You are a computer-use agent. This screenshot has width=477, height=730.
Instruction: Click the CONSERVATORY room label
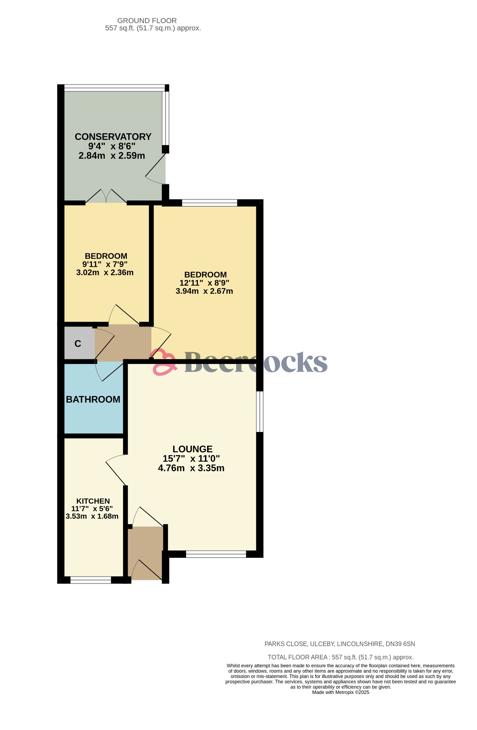113,137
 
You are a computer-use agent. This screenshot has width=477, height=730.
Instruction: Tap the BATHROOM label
93,400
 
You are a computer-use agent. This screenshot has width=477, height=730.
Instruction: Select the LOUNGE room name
193,449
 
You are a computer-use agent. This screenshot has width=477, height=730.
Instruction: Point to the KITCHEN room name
93,501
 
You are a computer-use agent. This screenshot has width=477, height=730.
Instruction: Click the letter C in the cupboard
78,344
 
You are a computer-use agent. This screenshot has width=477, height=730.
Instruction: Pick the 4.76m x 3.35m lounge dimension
191,468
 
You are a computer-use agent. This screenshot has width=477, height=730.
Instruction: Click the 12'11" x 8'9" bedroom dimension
204,283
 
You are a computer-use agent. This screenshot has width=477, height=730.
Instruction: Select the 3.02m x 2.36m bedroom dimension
105,273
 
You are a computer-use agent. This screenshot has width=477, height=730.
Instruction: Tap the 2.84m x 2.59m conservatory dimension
112,156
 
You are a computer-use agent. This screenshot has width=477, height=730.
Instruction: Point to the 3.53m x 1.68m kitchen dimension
92,516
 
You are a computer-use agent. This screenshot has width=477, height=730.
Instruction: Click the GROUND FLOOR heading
147,21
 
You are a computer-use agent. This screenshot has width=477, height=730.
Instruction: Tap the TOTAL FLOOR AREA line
340,657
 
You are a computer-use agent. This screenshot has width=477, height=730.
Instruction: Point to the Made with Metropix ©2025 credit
340,692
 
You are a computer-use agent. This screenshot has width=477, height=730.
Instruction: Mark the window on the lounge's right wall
260,412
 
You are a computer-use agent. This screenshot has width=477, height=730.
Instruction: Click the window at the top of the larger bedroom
209,203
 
